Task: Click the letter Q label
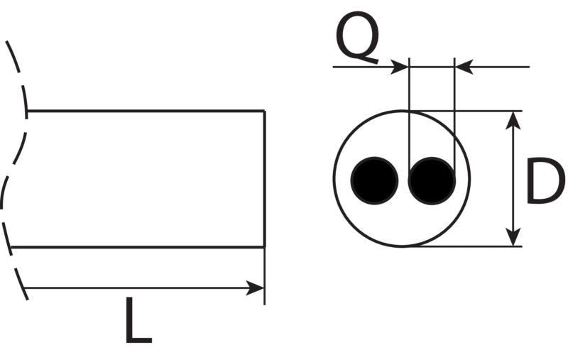click(358, 38)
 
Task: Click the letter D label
click(545, 180)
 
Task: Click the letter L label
click(138, 320)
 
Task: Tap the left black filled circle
click(374, 180)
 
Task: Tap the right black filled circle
click(432, 180)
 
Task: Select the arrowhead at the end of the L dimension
click(255, 288)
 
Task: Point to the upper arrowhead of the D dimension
click(513, 120)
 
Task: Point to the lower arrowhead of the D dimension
click(513, 237)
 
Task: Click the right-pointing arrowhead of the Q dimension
click(399, 67)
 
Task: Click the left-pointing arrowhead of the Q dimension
click(464, 67)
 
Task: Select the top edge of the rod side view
click(146, 111)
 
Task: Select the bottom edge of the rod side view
click(138, 247)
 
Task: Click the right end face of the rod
click(265, 179)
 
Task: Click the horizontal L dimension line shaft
click(144, 288)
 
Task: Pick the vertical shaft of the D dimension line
click(513, 179)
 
